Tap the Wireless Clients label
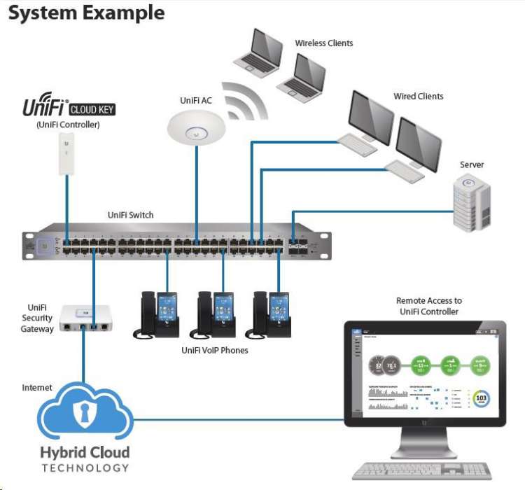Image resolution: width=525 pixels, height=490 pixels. [x=323, y=43]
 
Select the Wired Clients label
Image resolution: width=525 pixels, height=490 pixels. [x=418, y=97]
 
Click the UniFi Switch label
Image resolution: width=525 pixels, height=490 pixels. [x=130, y=215]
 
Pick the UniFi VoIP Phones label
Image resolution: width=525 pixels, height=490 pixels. [x=214, y=351]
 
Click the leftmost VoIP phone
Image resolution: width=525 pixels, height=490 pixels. [x=157, y=314]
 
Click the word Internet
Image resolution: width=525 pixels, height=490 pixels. [x=37, y=387]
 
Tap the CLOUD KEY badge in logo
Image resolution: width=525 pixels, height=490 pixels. [x=92, y=109]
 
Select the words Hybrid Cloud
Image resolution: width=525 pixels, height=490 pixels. [x=85, y=452]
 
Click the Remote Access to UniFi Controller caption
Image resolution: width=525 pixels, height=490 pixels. [x=429, y=306]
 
